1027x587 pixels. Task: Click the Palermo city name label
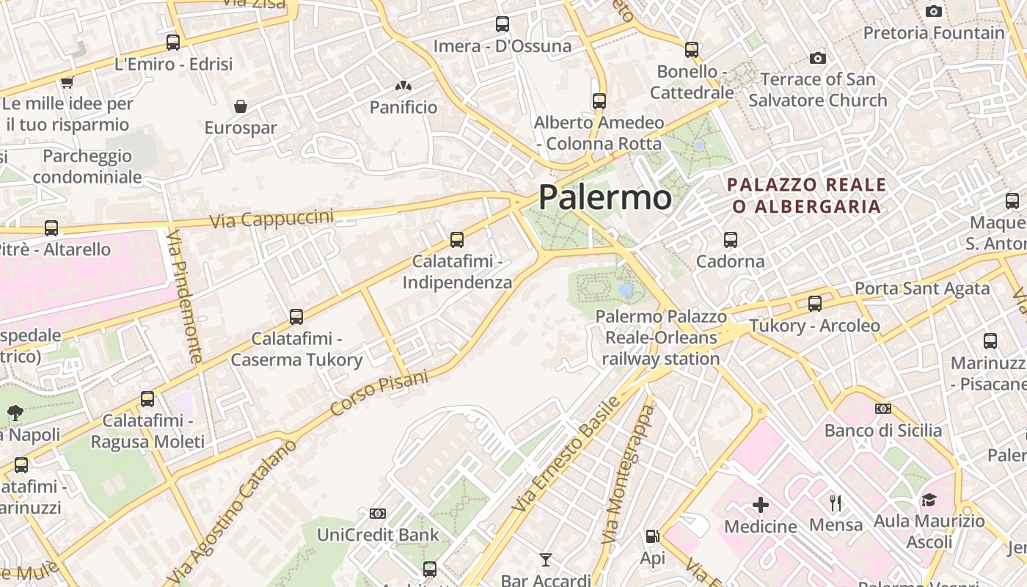click(604, 197)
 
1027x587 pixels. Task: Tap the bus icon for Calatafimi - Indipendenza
click(456, 239)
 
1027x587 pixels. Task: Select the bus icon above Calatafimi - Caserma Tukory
click(296, 316)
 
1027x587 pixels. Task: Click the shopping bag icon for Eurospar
click(241, 106)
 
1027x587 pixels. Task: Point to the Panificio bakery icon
click(403, 86)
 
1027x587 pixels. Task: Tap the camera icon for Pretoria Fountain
click(934, 11)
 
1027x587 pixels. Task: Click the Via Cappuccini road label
click(271, 219)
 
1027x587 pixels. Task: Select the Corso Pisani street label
click(379, 393)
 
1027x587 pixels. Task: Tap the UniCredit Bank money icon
click(378, 514)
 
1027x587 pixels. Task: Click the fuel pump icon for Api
click(651, 537)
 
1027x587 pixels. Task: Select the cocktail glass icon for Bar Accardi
click(545, 561)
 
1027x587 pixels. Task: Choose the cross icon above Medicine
click(761, 505)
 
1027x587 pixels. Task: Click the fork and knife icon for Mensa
click(836, 503)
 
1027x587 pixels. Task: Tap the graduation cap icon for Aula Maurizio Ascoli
click(929, 500)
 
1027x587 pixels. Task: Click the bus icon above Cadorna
click(730, 239)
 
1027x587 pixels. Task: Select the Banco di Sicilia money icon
click(882, 409)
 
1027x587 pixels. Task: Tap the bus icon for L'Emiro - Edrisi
click(173, 43)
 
